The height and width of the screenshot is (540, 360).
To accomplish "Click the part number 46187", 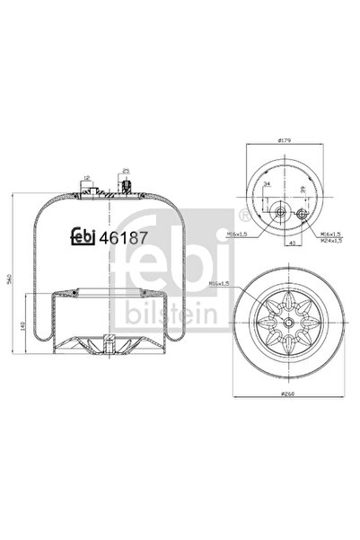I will [122, 238].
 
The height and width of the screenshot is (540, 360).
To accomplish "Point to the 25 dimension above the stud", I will [127, 170].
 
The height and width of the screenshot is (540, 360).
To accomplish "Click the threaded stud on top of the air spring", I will [126, 188].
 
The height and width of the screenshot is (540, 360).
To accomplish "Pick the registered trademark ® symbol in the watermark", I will [245, 214].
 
